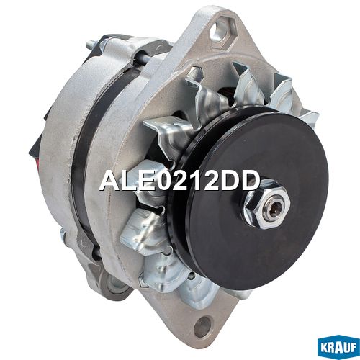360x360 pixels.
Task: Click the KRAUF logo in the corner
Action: pos(338,348)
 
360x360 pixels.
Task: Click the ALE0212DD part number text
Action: pos(180,181)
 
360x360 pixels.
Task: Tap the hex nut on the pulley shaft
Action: pos(267,203)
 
